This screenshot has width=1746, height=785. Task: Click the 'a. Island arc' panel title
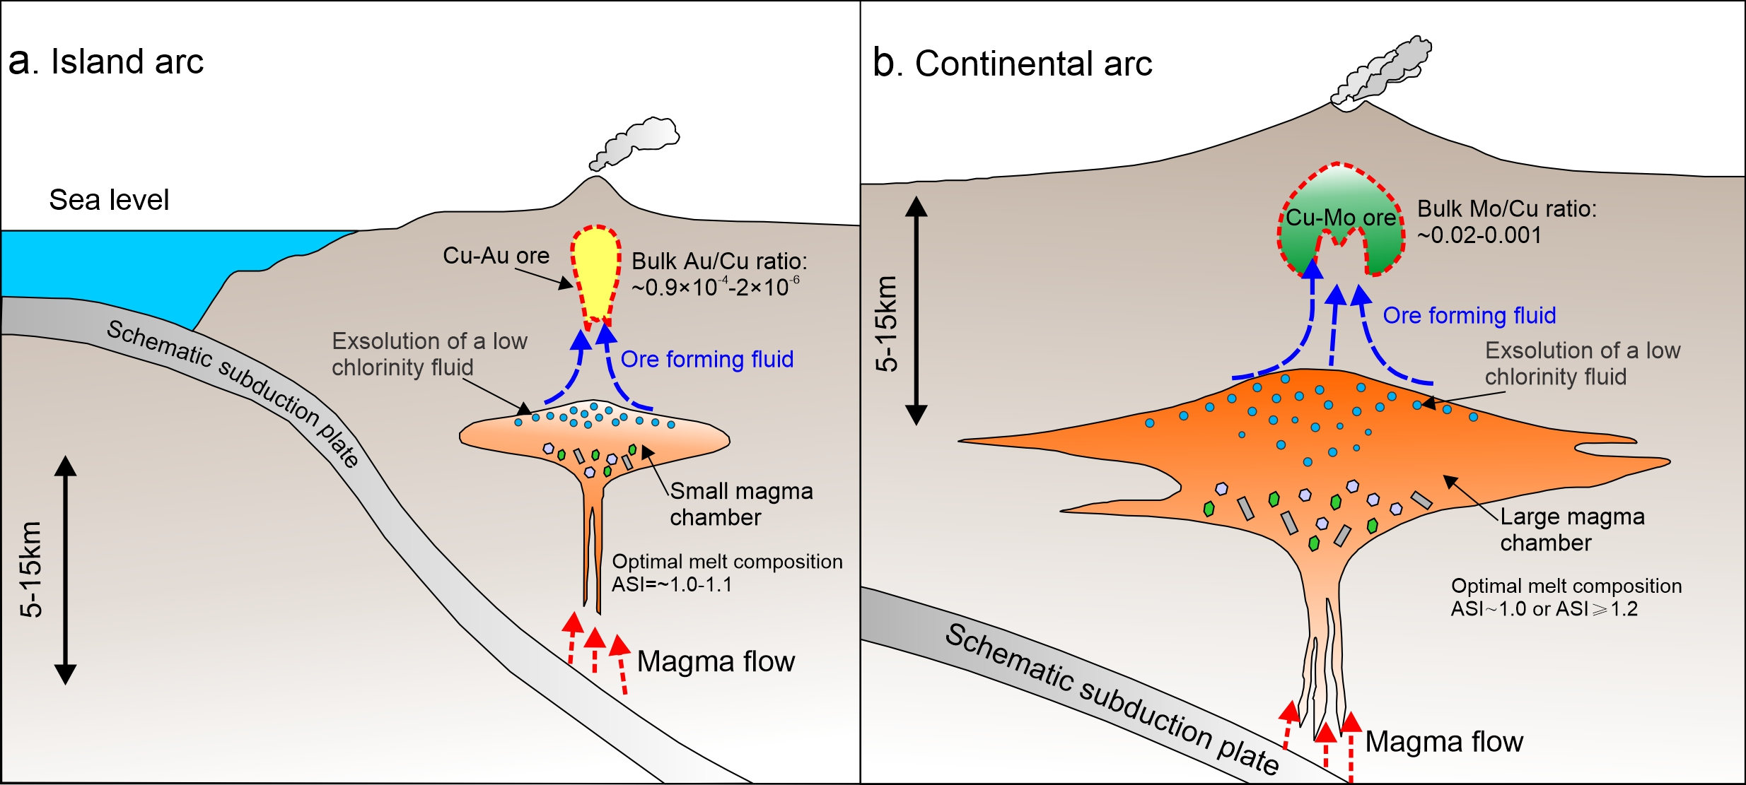106,61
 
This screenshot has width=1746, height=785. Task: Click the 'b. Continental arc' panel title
1012,64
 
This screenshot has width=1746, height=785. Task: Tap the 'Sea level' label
109,201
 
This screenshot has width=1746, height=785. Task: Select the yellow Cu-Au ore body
596,272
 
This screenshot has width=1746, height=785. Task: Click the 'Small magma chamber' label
740,504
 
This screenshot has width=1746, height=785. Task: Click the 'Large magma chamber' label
1571,530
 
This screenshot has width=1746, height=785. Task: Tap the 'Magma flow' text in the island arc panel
716,662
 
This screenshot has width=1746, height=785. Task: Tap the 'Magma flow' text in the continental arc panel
1443,742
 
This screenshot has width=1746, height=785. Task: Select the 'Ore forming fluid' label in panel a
706,360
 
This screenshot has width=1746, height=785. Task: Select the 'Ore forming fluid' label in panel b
1469,316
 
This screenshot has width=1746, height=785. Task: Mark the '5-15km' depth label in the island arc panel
32,569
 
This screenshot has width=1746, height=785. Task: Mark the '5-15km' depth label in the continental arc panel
886,324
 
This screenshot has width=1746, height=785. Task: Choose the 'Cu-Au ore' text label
496,256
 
